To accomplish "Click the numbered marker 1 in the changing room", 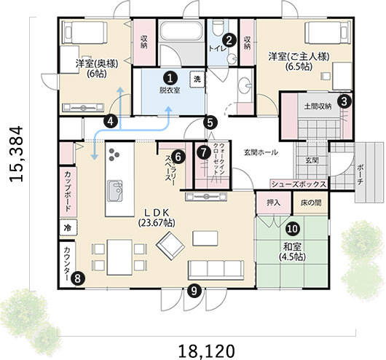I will click(169, 77).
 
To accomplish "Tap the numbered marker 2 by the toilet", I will click(229, 41).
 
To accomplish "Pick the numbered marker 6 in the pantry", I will click(179, 154).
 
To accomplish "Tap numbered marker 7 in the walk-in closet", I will click(203, 153).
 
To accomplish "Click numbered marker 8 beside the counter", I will click(78, 277).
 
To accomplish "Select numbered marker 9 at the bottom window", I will click(194, 291).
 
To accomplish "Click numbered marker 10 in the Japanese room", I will click(292, 228).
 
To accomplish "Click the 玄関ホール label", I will click(260, 152).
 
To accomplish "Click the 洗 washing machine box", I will click(195, 77).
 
